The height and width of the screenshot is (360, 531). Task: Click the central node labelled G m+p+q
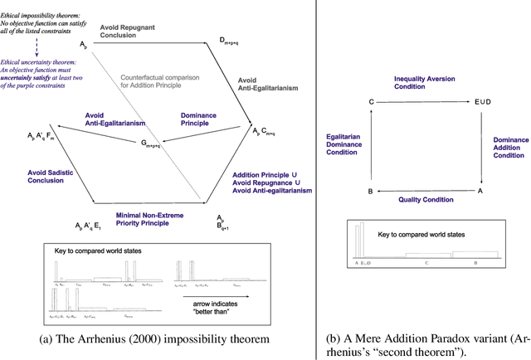click(150, 143)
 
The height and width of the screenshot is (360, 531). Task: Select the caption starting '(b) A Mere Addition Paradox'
click(425, 346)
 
